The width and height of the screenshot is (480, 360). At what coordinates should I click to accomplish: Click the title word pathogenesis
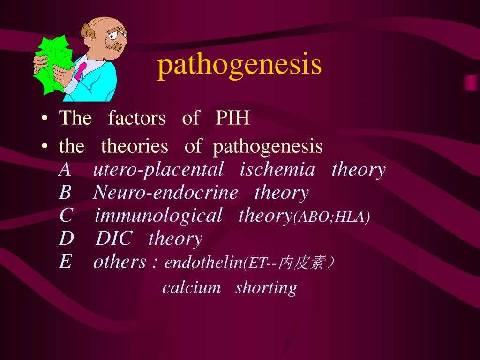[240, 66]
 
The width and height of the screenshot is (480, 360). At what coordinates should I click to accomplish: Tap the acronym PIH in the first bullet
[232, 118]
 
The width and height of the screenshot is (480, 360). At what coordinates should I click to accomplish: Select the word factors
[136, 118]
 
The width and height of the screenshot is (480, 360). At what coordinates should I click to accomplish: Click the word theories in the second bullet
[134, 147]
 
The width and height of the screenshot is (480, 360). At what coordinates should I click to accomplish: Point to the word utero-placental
[158, 170]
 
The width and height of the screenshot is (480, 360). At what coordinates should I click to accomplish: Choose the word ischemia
[277, 170]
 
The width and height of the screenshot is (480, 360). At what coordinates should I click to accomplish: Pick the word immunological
[158, 216]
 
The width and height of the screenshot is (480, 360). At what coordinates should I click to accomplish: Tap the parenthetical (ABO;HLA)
[331, 217]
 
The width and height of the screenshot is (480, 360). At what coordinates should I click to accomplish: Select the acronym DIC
[114, 239]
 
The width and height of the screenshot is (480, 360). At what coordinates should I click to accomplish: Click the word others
[120, 262]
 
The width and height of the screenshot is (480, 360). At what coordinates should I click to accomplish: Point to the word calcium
[191, 287]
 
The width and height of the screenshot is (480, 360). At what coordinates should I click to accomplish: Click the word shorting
[266, 288]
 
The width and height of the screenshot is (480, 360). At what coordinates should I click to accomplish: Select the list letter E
[65, 262]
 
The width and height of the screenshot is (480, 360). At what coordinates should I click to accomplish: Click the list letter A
[65, 170]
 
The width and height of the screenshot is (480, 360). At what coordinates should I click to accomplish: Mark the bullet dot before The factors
[44, 119]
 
